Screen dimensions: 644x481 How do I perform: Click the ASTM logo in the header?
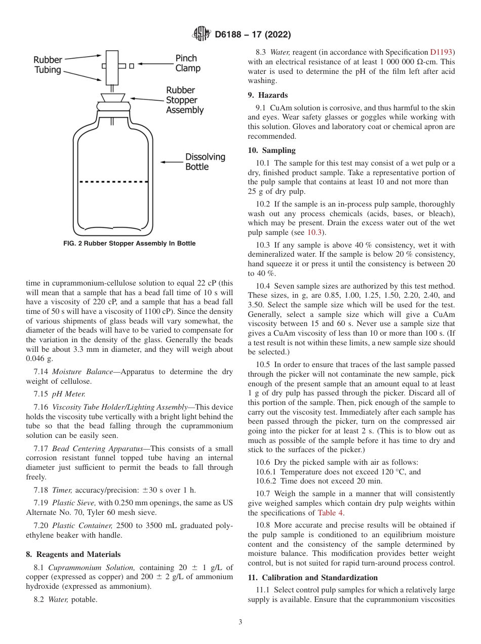pyautogui.click(x=202, y=34)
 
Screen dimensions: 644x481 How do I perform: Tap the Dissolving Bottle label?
pyautogui.click(x=205, y=162)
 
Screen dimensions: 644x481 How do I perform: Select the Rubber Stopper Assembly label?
pyautogui.click(x=185, y=100)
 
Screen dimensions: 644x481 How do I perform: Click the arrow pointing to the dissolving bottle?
pyautogui.click(x=172, y=162)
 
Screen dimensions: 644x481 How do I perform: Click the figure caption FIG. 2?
pyautogui.click(x=129, y=244)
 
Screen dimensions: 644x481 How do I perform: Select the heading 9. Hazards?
pyautogui.click(x=267, y=95)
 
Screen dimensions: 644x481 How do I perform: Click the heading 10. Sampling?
pyautogui.click(x=271, y=150)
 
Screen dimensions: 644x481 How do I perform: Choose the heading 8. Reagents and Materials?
pyautogui.click(x=73, y=554)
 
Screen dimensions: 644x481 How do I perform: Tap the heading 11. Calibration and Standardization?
pyautogui.click(x=312, y=578)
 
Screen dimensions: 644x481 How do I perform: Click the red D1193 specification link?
pyautogui.click(x=442, y=52)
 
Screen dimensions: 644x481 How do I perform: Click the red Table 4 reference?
pyautogui.click(x=331, y=513)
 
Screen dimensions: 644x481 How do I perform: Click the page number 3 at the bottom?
pyautogui.click(x=240, y=622)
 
